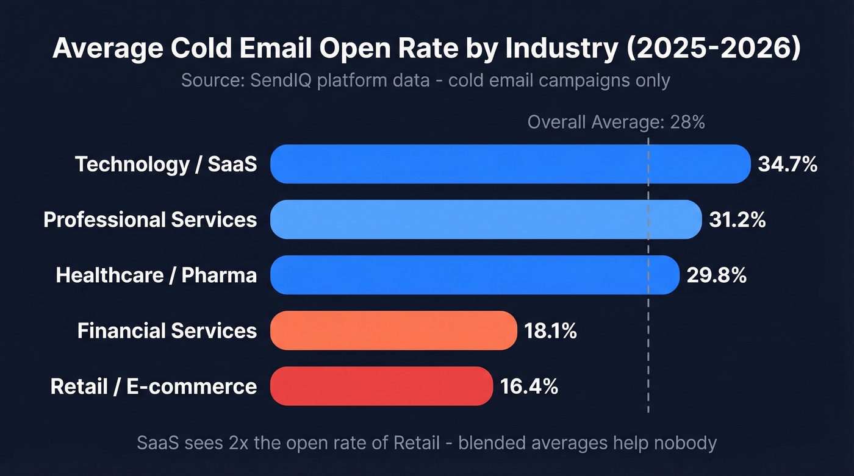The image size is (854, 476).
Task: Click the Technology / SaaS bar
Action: point(510,164)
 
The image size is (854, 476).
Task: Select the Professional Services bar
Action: point(486,219)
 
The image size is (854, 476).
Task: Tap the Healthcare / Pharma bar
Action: point(475,275)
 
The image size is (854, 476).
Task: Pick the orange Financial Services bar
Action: point(393,330)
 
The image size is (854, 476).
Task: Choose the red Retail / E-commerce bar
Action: point(381,386)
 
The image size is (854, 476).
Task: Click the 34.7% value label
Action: point(788,164)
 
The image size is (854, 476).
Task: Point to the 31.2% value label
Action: point(737,219)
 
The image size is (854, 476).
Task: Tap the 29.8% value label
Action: point(716,275)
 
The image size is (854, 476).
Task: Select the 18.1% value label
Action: point(550,331)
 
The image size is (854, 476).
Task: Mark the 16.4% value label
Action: point(529,386)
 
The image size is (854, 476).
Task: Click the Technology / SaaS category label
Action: point(166,164)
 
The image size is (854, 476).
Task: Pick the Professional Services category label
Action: point(150,219)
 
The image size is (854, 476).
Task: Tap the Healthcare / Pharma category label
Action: point(156,275)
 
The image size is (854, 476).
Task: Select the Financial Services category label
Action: point(167,331)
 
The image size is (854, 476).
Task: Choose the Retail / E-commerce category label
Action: point(154,386)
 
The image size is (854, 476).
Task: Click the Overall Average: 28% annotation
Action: point(616,123)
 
